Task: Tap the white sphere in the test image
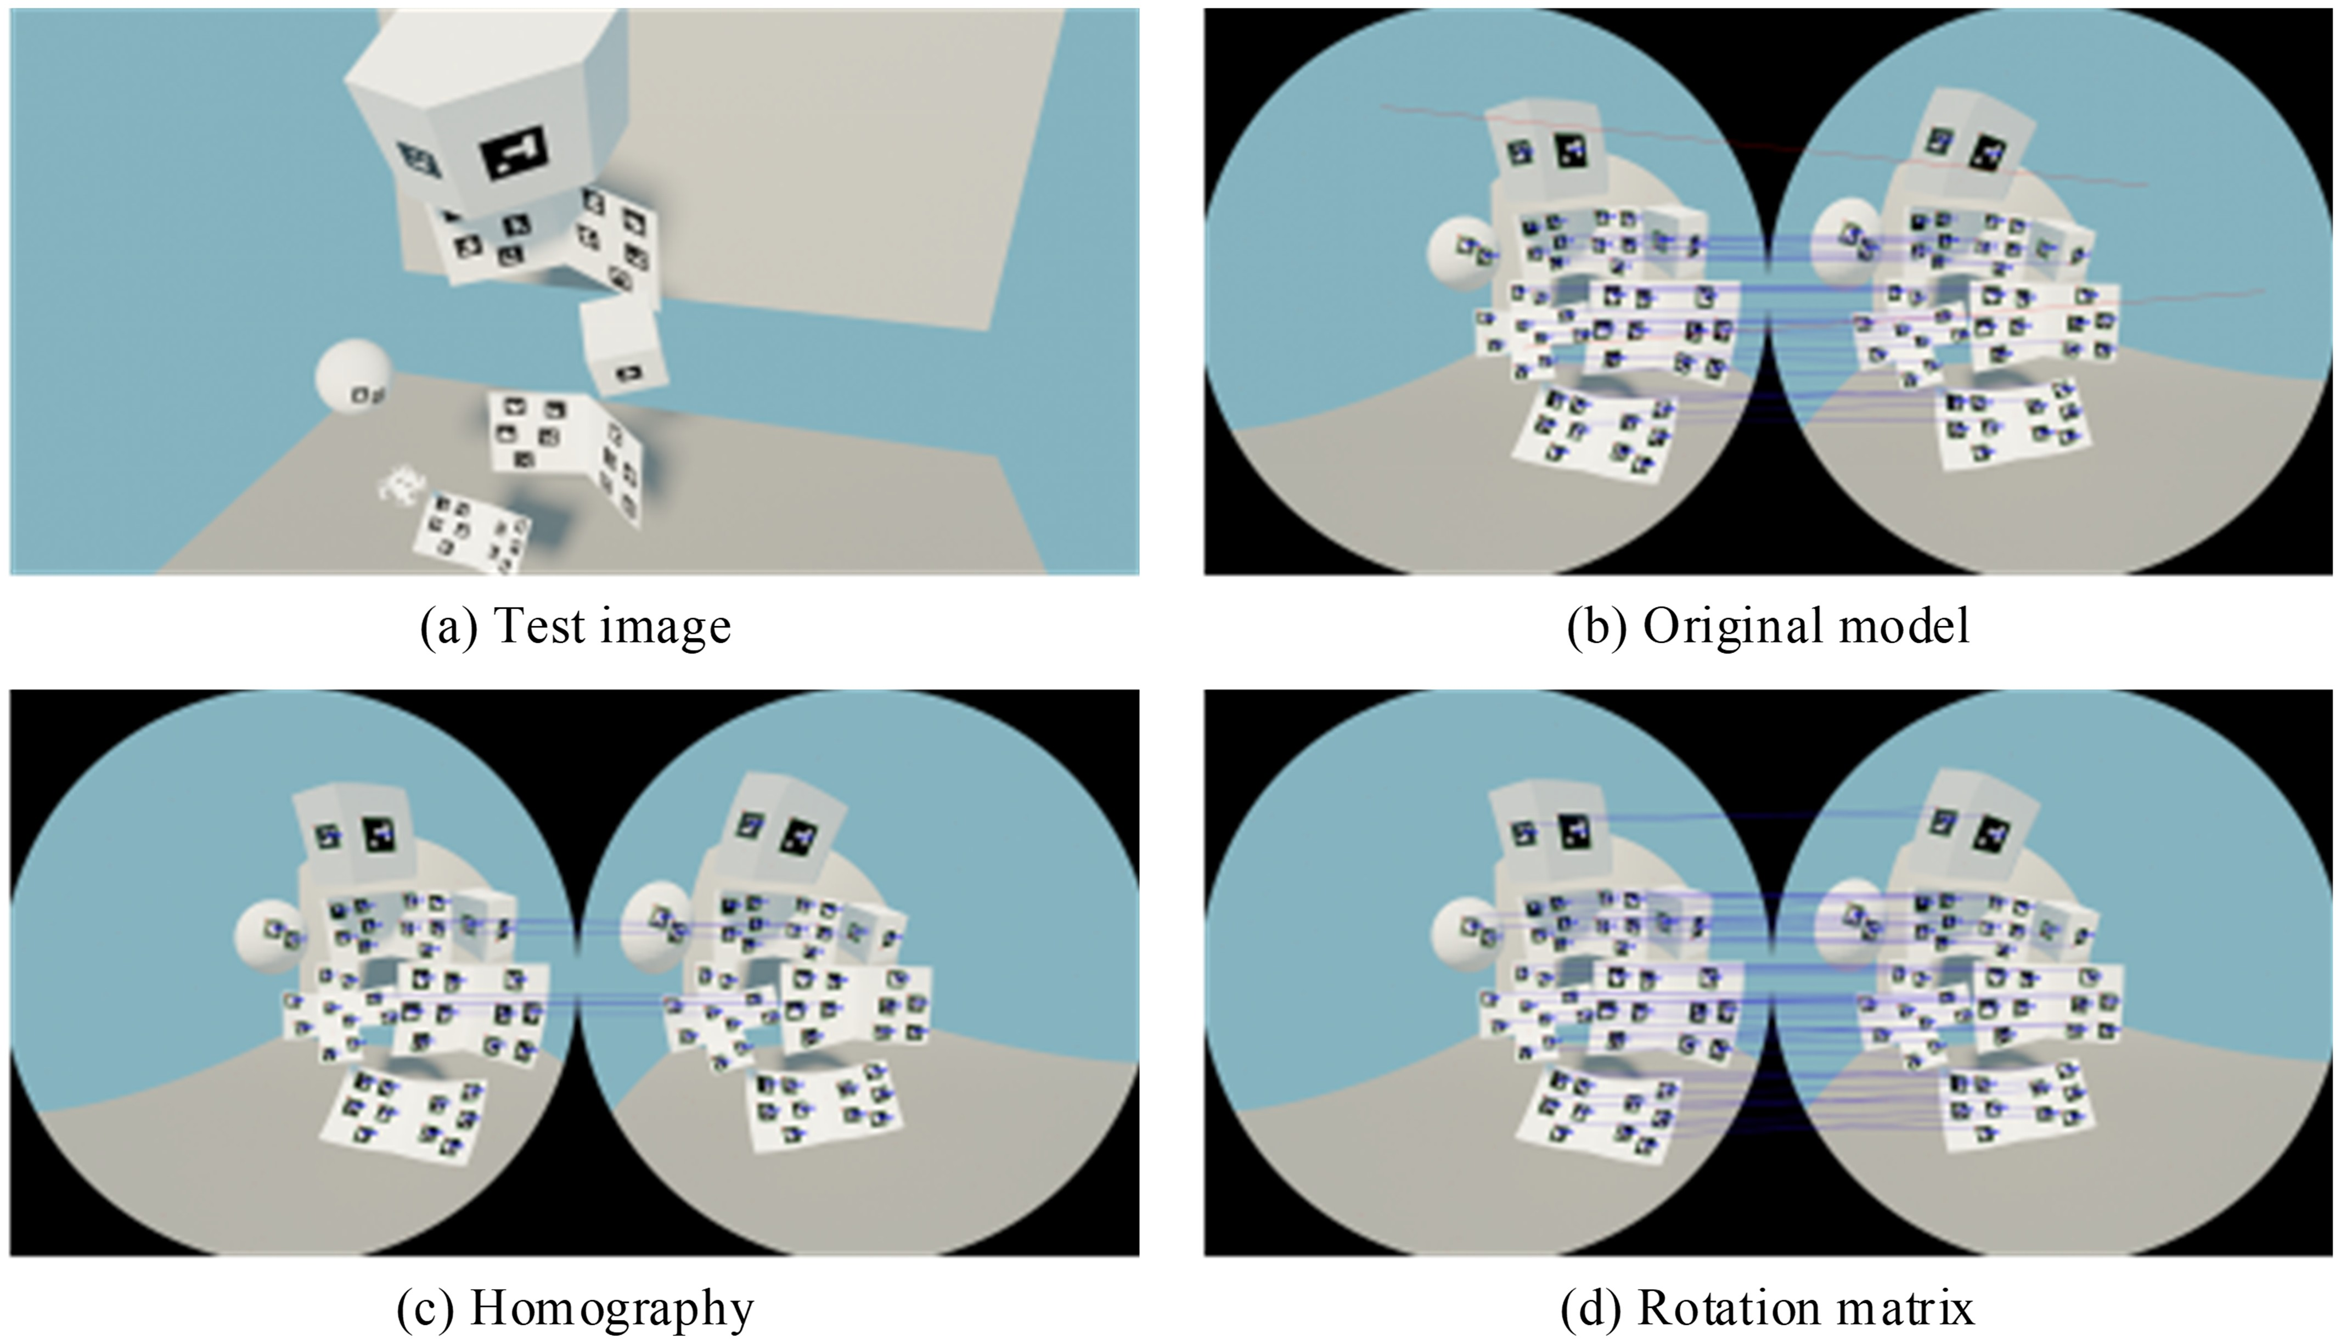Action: (x=352, y=378)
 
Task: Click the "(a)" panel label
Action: (x=448, y=627)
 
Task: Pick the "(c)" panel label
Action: (x=424, y=1308)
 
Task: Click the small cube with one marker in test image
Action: (x=623, y=349)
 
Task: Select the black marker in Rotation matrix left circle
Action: (x=1572, y=833)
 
